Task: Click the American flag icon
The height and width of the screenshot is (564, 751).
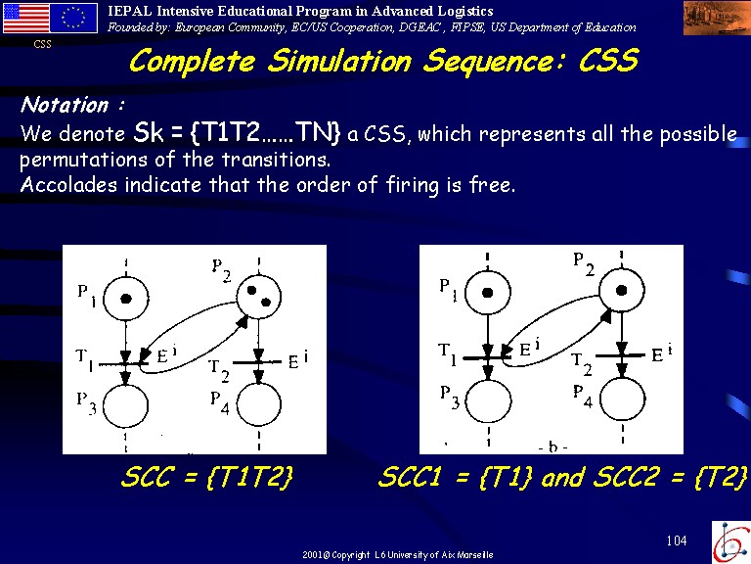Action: point(26,18)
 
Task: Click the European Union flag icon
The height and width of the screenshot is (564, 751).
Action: point(73,18)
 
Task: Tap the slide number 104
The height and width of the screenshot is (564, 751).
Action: point(677,540)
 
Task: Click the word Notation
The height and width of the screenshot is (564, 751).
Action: point(65,105)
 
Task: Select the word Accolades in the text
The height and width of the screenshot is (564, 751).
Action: point(68,185)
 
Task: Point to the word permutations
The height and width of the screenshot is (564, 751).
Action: point(83,161)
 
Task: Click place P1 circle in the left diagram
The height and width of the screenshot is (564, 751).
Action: point(126,299)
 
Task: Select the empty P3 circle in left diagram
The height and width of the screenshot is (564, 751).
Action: point(125,405)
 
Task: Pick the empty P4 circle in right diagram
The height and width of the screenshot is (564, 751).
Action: point(623,399)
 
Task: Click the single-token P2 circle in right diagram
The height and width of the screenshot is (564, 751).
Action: point(622,291)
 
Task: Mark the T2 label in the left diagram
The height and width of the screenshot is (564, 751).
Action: point(219,371)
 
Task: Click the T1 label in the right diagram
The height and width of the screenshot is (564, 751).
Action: point(449,353)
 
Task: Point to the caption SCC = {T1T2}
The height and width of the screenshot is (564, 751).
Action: point(207,478)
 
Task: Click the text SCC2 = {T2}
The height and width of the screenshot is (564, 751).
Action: point(670,478)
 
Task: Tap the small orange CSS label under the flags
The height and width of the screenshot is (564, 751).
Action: point(43,45)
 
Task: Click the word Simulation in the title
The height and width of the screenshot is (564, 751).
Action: point(339,62)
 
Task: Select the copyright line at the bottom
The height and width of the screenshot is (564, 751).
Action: point(398,555)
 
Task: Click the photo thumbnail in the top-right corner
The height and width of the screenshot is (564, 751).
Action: point(717,18)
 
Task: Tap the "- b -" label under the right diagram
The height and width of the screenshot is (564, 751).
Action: point(553,446)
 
